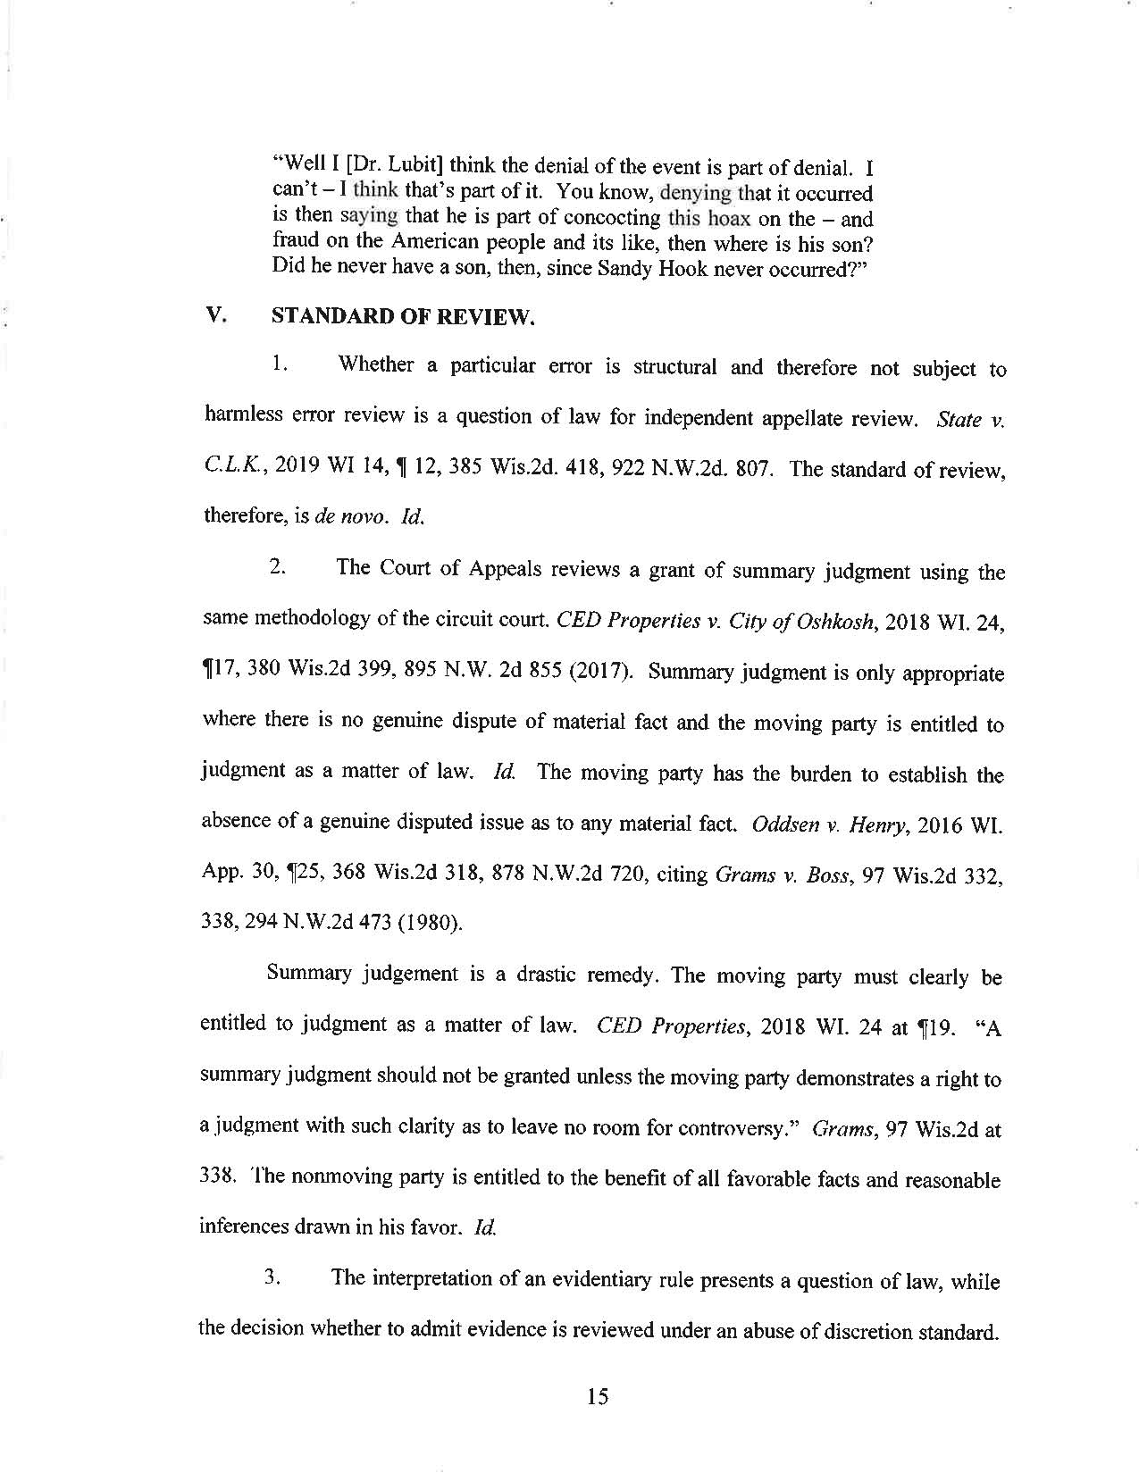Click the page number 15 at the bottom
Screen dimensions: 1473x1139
(598, 1396)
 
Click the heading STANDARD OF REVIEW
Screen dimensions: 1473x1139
(402, 316)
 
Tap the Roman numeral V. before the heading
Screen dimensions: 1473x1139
(214, 315)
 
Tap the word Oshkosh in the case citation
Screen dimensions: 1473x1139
(831, 624)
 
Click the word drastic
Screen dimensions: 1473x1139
(548, 975)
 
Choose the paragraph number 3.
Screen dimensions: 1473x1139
(274, 1277)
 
